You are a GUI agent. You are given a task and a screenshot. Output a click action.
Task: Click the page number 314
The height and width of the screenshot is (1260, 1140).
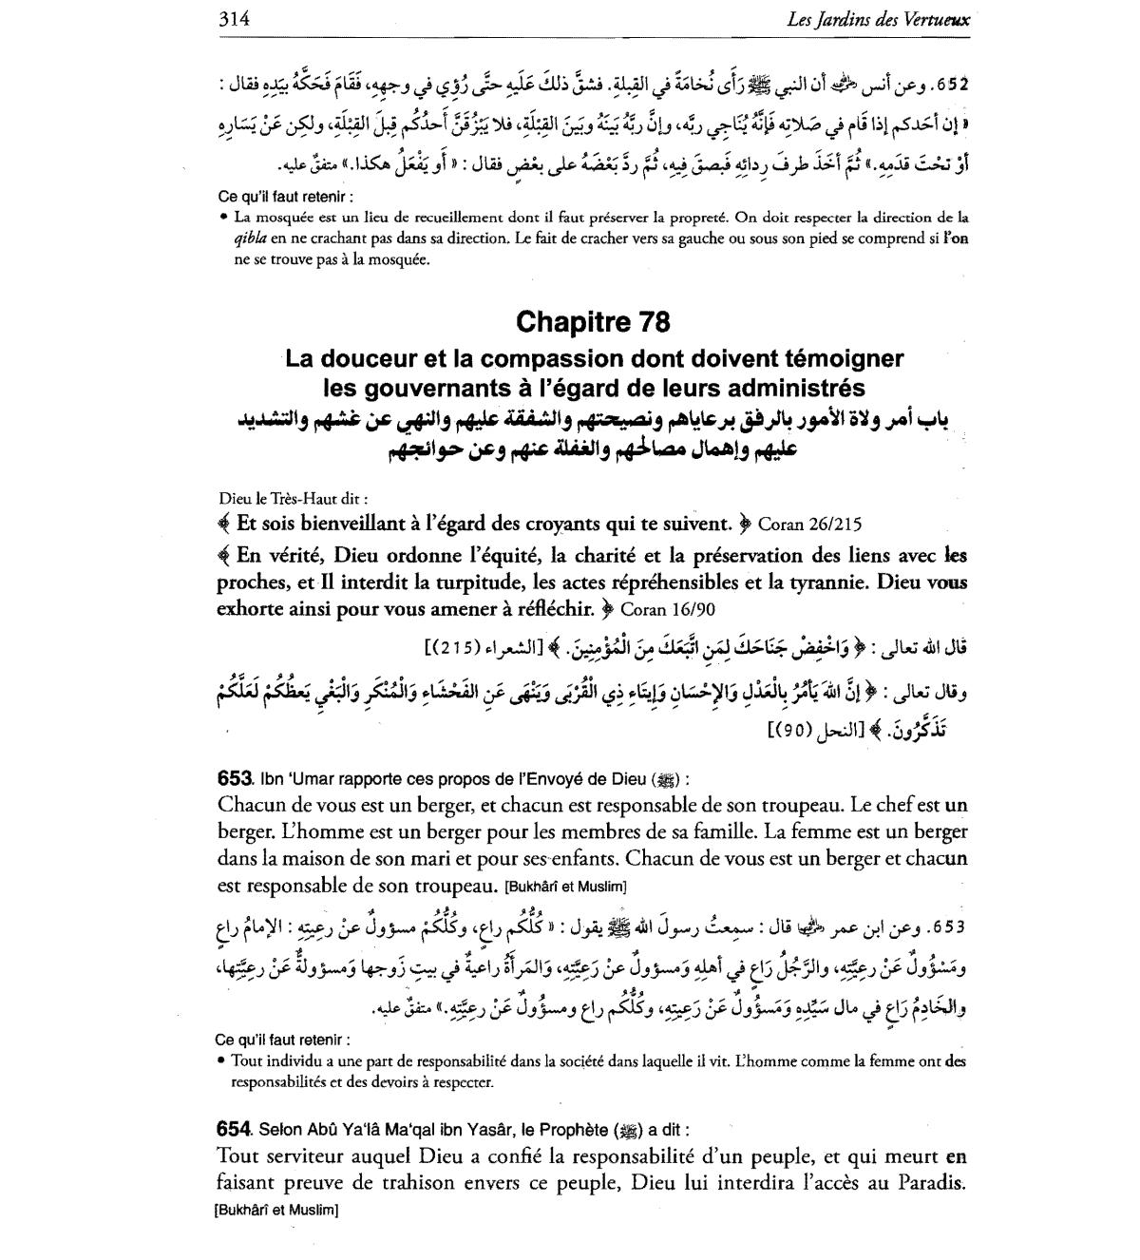(x=234, y=18)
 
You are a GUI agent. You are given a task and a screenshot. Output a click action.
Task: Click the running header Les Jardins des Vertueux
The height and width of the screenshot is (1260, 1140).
(x=879, y=19)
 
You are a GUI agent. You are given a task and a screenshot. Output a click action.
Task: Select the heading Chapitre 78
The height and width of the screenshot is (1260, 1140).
(x=593, y=323)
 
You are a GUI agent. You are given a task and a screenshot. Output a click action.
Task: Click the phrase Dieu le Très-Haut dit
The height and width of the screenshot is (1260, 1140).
(x=293, y=498)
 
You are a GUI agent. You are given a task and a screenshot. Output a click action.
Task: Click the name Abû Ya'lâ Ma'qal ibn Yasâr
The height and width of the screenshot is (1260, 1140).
(x=409, y=1131)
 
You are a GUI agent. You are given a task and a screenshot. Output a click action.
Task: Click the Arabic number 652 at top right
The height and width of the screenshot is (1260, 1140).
(x=951, y=84)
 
